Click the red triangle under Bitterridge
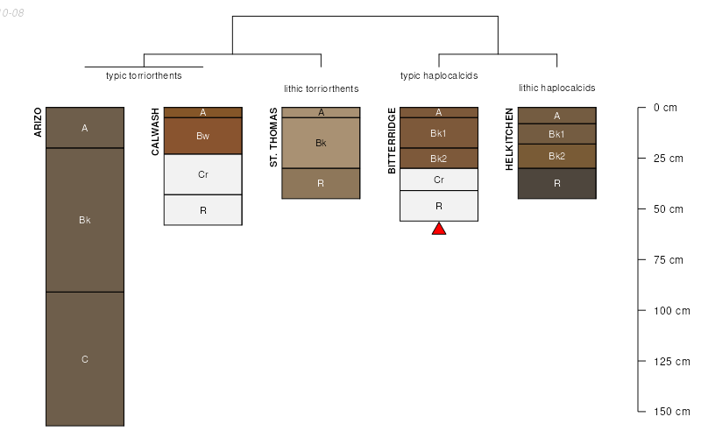point(439,229)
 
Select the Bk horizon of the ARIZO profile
point(85,220)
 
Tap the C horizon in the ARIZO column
point(85,358)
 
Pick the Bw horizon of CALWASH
point(202,136)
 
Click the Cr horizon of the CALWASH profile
point(202,174)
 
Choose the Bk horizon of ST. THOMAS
point(321,143)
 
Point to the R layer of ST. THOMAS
point(321,183)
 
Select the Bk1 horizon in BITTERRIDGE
point(439,133)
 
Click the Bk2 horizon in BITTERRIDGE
point(439,159)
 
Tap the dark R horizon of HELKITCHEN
point(556,183)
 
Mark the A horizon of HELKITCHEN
point(556,116)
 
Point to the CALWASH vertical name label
point(156,132)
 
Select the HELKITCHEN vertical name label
point(510,139)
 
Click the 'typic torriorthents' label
point(144,75)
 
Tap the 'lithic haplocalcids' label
point(556,88)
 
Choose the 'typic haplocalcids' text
point(439,75)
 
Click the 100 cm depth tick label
point(672,311)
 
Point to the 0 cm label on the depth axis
point(666,108)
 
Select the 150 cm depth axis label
point(672,412)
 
